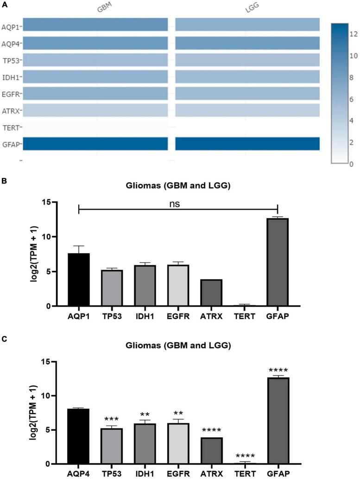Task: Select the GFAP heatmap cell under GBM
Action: pyautogui.click(x=95, y=144)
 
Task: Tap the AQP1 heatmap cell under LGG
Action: pyautogui.click(x=247, y=25)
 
